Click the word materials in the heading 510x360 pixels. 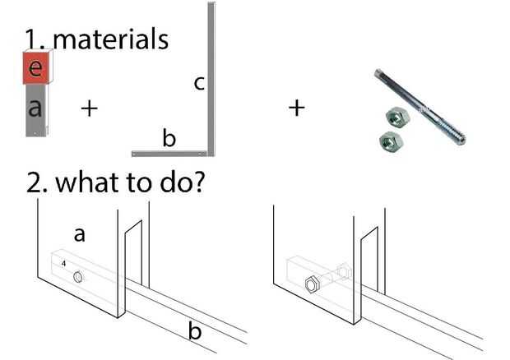110,39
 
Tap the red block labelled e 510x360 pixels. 36,68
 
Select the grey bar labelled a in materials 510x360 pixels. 35,110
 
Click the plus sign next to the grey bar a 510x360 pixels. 89,108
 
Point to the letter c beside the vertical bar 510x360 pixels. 199,83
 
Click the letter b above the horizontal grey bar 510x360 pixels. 169,138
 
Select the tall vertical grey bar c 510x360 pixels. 211,79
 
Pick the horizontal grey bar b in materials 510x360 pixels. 169,154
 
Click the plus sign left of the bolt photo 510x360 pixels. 297,108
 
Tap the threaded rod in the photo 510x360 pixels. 420,107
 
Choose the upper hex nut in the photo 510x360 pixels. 397,117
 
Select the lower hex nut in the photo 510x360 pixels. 392,141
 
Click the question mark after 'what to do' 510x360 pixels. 198,182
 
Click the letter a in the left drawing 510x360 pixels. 79,234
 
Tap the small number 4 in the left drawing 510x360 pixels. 63,264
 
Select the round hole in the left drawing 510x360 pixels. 78,277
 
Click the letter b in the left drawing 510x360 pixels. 195,330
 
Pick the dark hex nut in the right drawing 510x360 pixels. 313,284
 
